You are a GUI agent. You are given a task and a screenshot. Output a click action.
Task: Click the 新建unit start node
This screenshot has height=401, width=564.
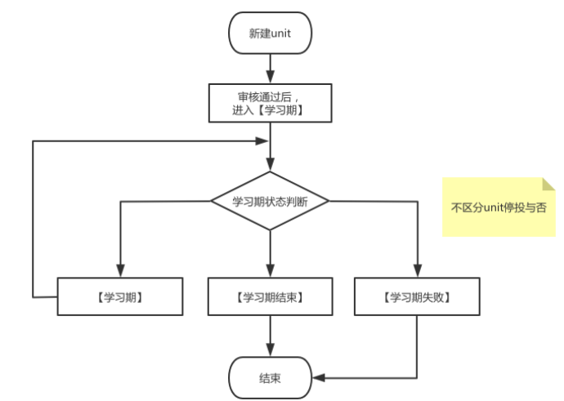270,33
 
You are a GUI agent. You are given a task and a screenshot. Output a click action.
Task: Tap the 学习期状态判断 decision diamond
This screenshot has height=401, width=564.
270,201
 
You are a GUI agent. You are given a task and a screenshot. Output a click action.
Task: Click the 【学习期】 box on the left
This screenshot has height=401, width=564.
119,297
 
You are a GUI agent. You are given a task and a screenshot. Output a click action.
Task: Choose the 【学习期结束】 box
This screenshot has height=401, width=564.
270,297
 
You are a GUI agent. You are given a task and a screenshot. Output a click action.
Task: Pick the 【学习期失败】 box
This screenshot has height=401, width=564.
417,297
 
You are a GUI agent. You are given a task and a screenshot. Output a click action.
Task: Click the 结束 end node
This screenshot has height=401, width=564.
270,377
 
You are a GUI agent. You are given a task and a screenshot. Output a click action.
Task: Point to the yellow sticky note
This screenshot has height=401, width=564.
498,207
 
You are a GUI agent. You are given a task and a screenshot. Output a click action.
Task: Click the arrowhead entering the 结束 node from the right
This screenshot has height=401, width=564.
320,377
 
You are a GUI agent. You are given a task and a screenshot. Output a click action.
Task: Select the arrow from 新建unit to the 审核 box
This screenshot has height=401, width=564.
270,69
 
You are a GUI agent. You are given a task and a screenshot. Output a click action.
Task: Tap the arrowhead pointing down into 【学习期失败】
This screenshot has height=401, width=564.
417,272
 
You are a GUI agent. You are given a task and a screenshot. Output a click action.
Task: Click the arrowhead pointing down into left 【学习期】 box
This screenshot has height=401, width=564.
120,272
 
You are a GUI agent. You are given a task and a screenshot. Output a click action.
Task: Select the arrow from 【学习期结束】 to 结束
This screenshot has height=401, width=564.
270,336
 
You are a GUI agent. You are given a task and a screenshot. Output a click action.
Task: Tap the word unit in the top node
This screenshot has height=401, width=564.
280,33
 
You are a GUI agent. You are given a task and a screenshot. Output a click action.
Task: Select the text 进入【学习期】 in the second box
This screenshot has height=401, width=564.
270,109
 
